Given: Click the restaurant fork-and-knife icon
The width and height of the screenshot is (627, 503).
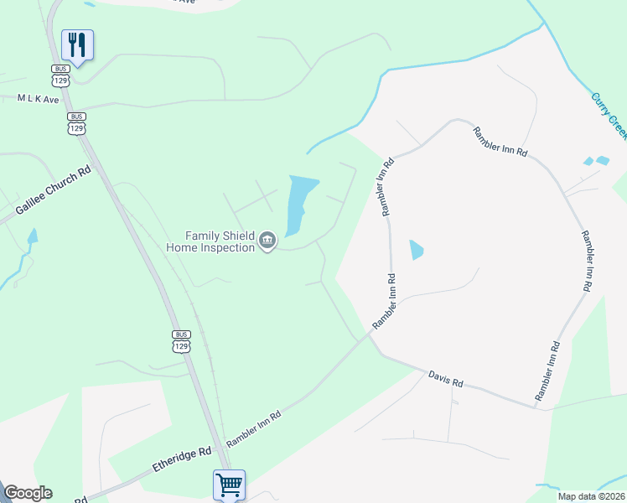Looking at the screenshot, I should click(77, 44).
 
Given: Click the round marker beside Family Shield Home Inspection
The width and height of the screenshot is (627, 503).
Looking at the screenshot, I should click(267, 241).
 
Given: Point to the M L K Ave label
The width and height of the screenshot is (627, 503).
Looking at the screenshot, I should click(39, 99).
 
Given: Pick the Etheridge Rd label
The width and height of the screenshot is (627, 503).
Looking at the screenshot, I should click(182, 458).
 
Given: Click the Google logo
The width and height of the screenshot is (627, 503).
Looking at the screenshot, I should click(28, 493).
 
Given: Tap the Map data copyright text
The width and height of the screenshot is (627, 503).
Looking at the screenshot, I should click(591, 496).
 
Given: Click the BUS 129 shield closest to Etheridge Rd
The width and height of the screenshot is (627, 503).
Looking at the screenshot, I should click(181, 342).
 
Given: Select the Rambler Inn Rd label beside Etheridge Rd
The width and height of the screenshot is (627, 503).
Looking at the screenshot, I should click(254, 427).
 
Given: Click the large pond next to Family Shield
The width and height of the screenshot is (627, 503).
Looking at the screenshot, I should click(301, 204).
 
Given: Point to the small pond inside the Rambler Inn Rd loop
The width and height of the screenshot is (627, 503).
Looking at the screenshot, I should click(417, 250).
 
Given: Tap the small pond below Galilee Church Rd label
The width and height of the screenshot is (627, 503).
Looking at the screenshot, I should click(32, 238).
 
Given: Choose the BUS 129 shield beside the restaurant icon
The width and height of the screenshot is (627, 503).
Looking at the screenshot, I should click(60, 75).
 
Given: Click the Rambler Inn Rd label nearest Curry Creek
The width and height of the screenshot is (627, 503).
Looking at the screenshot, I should click(500, 142).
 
